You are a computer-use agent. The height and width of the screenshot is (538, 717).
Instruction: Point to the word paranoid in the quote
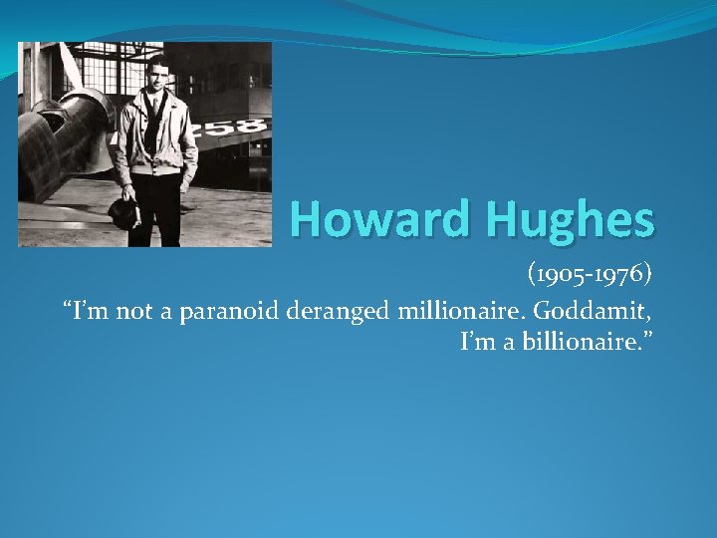coord(230,311)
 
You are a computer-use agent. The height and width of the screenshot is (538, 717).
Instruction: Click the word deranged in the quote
coord(340,311)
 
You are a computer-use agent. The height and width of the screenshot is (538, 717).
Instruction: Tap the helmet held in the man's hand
coord(124,210)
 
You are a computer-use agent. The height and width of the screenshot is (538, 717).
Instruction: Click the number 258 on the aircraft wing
coord(239,128)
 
